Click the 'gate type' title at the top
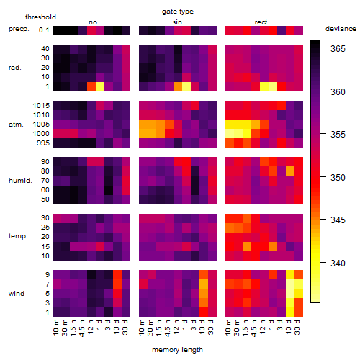click(x=178, y=12)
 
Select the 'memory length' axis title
click(x=177, y=350)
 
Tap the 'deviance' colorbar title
click(x=341, y=29)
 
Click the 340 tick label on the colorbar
click(x=338, y=264)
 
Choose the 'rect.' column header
click(x=262, y=22)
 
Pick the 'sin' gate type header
click(x=177, y=22)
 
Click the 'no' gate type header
click(x=93, y=22)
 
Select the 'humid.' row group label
click(x=20, y=181)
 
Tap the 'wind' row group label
click(x=17, y=294)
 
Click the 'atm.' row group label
click(x=16, y=125)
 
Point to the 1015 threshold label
click(x=41, y=106)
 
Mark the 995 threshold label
click(x=43, y=143)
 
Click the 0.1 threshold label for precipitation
click(x=44, y=30)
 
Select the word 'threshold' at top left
click(x=40, y=17)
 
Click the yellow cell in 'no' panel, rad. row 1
click(x=100, y=86)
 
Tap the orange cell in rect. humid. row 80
click(x=290, y=171)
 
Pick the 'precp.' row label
click(x=19, y=29)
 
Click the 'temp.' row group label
click(x=18, y=236)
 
